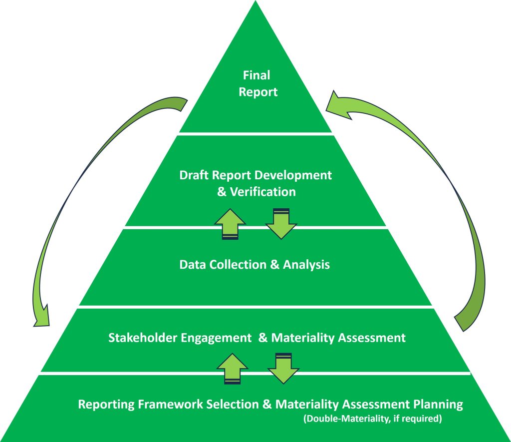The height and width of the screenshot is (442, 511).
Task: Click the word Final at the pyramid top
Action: point(256,75)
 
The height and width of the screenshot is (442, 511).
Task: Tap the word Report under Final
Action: point(257,92)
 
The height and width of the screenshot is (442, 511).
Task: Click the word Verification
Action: point(263,192)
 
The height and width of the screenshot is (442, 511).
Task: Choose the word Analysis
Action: point(306,264)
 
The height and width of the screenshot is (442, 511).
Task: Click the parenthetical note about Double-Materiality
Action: point(372,419)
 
